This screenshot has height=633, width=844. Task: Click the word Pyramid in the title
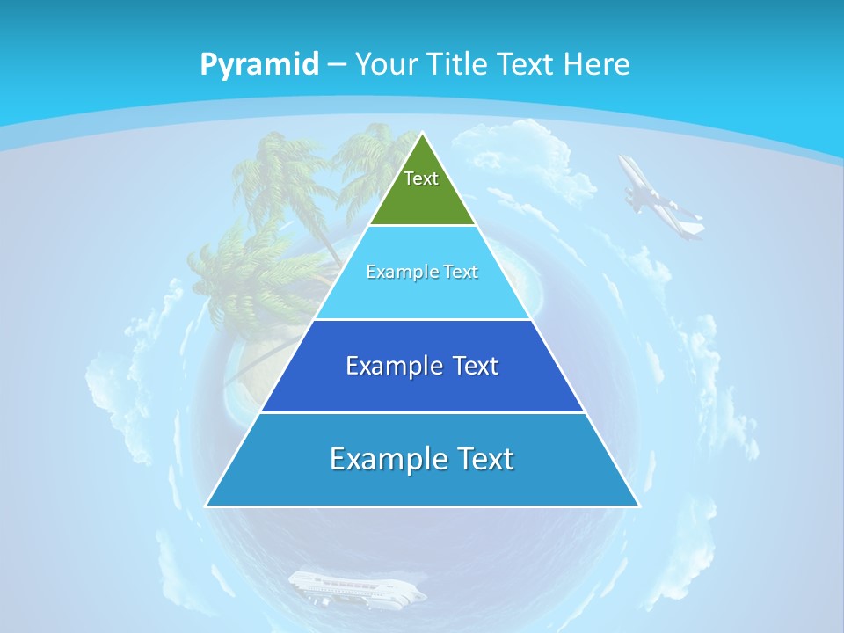tap(258, 65)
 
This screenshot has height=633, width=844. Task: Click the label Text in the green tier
tap(421, 178)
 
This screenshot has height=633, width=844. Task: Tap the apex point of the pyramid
tap(422, 134)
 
